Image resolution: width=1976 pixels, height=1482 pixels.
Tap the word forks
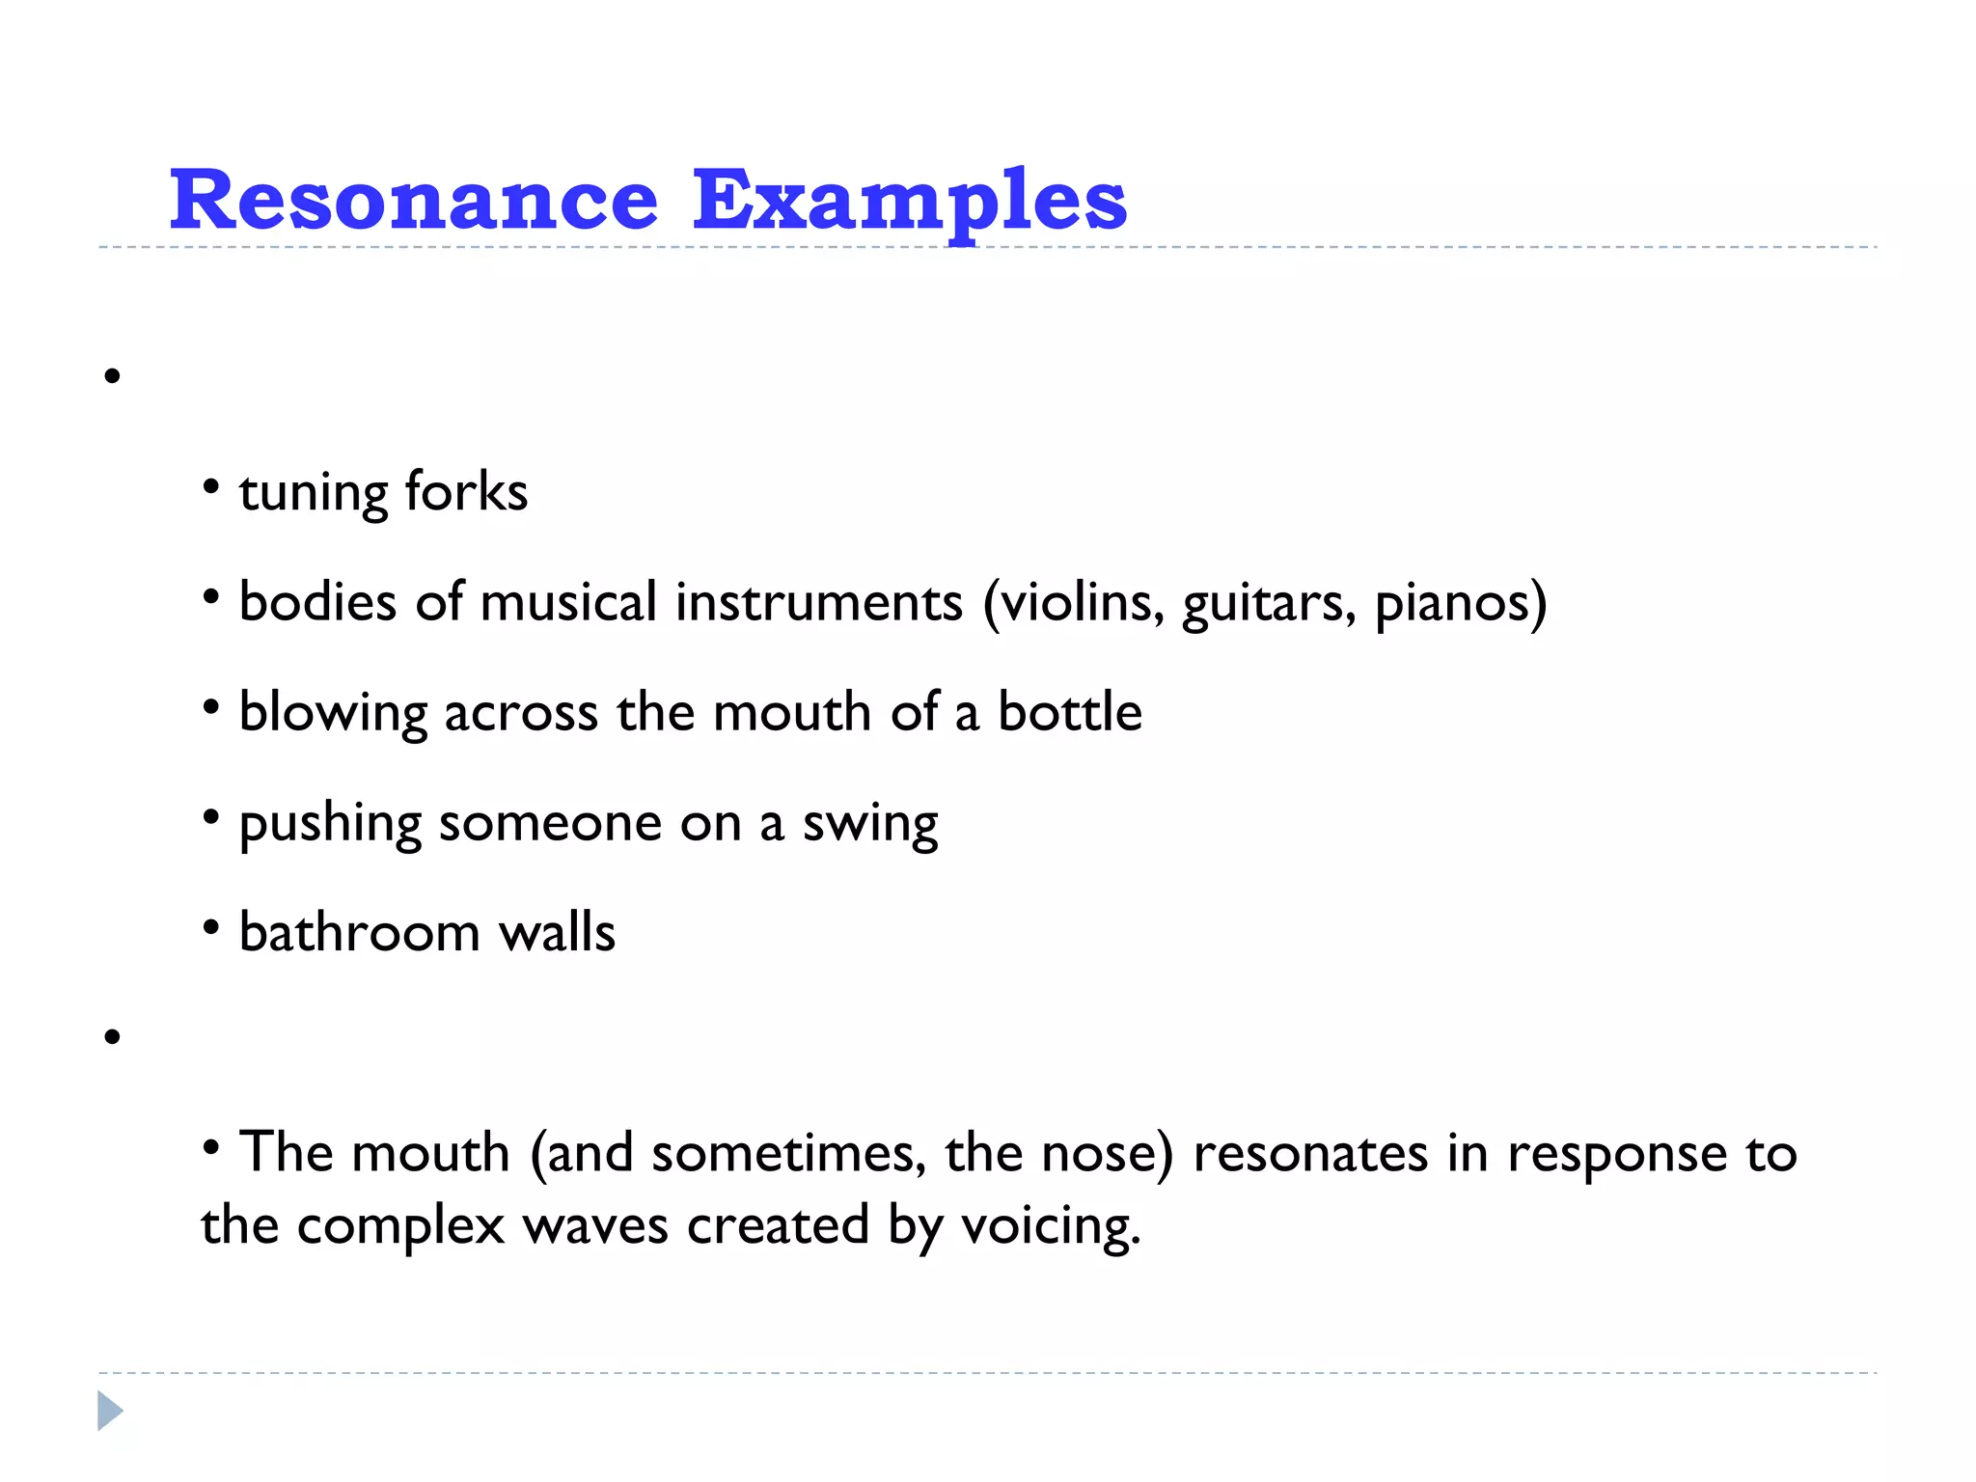pyautogui.click(x=466, y=491)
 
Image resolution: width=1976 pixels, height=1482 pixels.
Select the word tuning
pyautogui.click(x=313, y=494)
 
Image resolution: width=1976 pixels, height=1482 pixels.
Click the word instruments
pyautogui.click(x=818, y=602)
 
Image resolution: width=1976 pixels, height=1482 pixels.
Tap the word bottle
pyautogui.click(x=1070, y=712)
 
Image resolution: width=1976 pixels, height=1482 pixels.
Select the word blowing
pyautogui.click(x=333, y=714)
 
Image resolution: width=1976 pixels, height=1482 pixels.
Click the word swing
pyautogui.click(x=870, y=825)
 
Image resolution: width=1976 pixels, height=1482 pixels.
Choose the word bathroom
pyautogui.click(x=359, y=932)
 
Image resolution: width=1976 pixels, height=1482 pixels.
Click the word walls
pyautogui.click(x=557, y=932)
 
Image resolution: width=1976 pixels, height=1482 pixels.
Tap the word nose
pyautogui.click(x=1100, y=1154)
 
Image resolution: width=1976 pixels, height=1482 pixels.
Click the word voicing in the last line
pyautogui.click(x=1050, y=1227)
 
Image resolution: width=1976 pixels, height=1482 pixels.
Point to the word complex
pyautogui.click(x=400, y=1227)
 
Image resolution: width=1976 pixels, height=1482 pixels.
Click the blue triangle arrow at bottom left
pyautogui.click(x=110, y=1411)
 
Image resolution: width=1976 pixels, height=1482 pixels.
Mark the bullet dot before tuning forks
pyautogui.click(x=211, y=486)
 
